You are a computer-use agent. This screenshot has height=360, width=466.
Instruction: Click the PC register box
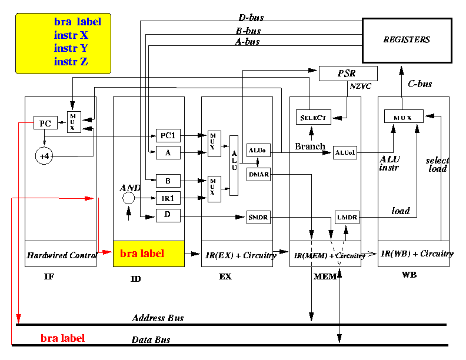[45, 123]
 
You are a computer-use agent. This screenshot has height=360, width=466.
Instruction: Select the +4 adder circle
[44, 156]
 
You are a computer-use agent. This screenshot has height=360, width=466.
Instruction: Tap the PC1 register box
[168, 136]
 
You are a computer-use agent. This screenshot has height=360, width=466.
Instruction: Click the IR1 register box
[168, 198]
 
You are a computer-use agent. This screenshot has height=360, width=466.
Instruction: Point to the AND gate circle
[129, 198]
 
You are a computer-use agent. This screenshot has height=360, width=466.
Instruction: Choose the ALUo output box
[258, 151]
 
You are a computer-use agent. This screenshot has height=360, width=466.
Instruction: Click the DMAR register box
[258, 174]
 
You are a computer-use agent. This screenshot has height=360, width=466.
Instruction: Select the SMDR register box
[258, 217]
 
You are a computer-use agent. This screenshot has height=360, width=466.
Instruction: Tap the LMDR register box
[347, 217]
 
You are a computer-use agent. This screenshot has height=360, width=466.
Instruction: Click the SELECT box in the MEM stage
[314, 117]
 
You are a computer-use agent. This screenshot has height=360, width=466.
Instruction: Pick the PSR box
[348, 74]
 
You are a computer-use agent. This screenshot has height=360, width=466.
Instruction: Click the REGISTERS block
[407, 41]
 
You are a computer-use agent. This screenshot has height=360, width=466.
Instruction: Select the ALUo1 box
[345, 153]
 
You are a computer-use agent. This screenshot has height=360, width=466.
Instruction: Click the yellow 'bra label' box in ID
[149, 254]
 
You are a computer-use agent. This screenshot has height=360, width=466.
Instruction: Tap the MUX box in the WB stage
[404, 116]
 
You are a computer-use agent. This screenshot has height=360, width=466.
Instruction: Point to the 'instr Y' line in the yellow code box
[71, 48]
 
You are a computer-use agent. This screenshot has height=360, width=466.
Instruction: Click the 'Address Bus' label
[158, 318]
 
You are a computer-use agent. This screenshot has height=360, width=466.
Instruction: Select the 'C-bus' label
[420, 84]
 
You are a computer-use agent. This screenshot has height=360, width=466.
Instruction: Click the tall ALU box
[234, 165]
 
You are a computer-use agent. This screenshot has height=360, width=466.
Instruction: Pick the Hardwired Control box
[61, 254]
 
